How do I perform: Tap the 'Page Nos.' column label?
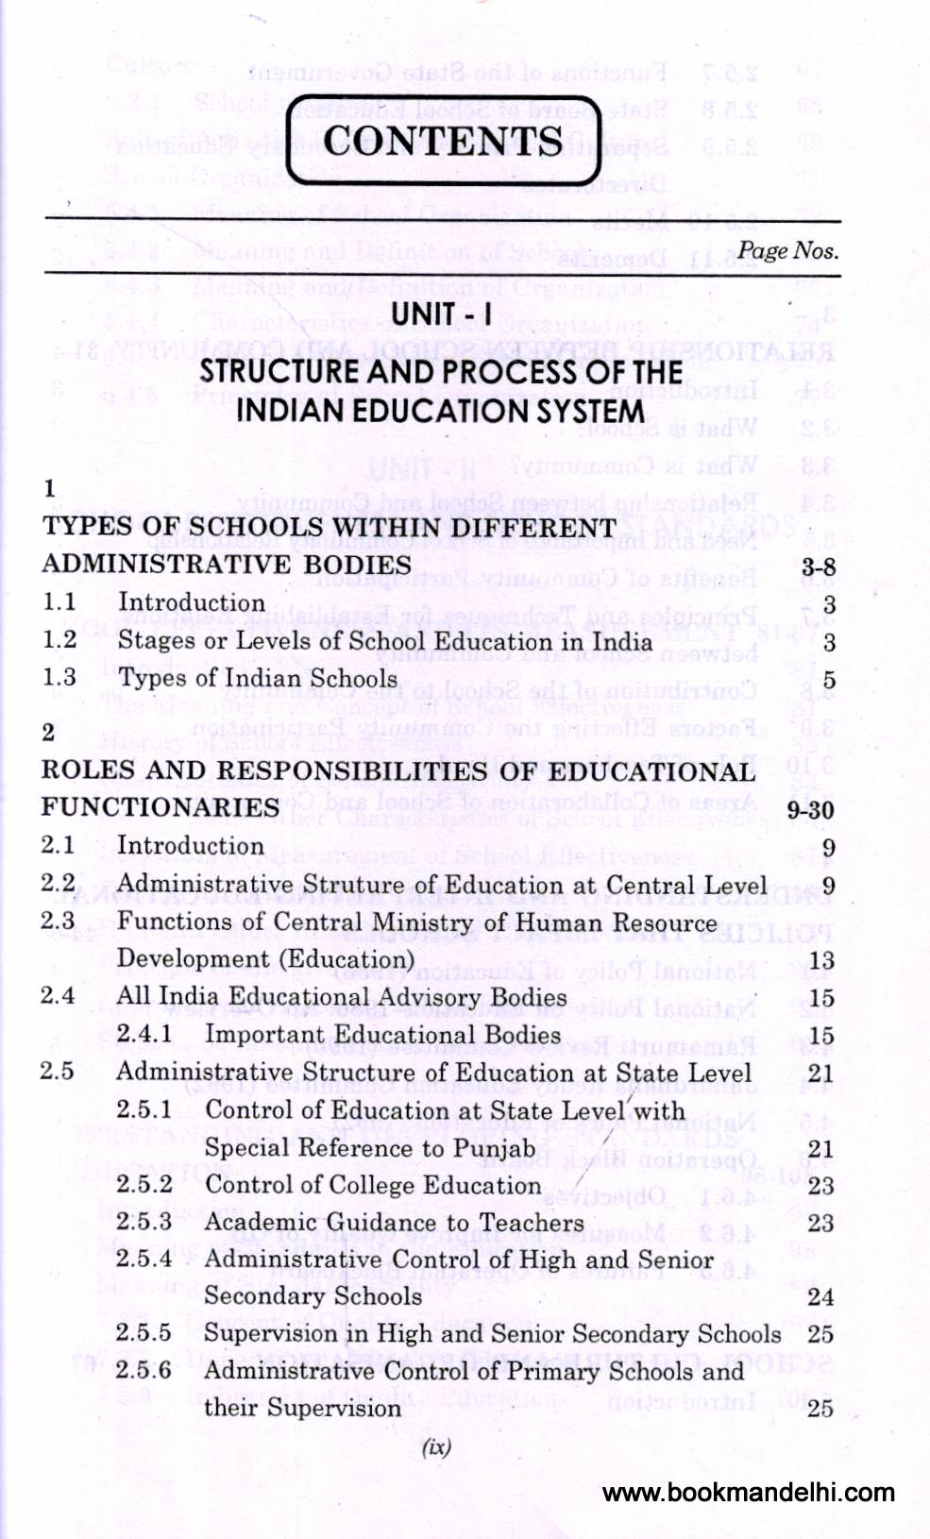787,250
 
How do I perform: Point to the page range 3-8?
817,567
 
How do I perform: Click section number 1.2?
59,640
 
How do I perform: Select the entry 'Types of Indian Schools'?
257,679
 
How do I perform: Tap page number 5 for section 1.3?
828,681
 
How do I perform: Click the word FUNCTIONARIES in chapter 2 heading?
160,808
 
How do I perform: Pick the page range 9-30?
809,810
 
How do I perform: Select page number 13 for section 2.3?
821,961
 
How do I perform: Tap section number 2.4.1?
144,1035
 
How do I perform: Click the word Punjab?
491,1148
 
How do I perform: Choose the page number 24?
820,1297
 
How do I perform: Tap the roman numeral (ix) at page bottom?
436,1446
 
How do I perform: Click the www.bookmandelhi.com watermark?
748,1493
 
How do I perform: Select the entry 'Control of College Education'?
373,1186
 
